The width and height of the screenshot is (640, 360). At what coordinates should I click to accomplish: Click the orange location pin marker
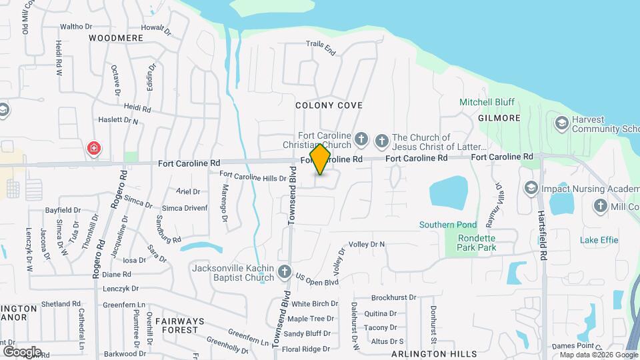[321, 159]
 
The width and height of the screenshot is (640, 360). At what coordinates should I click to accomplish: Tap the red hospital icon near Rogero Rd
[94, 148]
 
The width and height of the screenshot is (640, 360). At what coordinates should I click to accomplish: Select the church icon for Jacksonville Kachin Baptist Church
[285, 271]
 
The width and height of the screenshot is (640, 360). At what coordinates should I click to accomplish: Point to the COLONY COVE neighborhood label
[329, 105]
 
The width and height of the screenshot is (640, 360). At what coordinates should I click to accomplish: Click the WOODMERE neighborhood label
[116, 38]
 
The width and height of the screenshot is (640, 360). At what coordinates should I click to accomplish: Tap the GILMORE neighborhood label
[499, 118]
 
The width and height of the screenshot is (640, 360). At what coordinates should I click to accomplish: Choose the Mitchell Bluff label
[485, 102]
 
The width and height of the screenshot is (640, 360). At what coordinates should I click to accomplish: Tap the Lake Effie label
[599, 240]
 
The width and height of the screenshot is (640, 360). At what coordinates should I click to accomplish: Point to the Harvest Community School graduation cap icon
[561, 123]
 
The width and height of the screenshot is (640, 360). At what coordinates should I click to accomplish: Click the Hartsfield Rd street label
[543, 236]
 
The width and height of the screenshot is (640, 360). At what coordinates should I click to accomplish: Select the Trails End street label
[320, 46]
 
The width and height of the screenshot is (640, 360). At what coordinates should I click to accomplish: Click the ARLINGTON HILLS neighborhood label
[433, 353]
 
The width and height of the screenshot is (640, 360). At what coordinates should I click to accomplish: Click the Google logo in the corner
[22, 351]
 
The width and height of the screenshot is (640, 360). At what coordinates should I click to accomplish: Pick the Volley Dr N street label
[367, 244]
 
